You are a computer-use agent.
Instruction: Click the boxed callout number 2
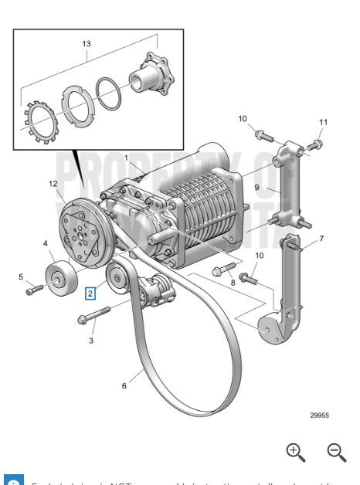[90, 293]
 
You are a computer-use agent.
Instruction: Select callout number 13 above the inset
[86, 44]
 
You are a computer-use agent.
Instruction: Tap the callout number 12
[53, 184]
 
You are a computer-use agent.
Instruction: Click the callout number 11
[323, 122]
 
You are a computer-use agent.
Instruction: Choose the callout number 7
[321, 239]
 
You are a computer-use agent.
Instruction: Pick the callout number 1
[125, 158]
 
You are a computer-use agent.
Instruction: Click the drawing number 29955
[320, 415]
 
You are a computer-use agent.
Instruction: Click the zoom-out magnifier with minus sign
[335, 452]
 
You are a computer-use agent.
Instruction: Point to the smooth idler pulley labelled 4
[59, 279]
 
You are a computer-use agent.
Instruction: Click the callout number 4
[46, 243]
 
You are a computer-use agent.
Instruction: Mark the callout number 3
[90, 339]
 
